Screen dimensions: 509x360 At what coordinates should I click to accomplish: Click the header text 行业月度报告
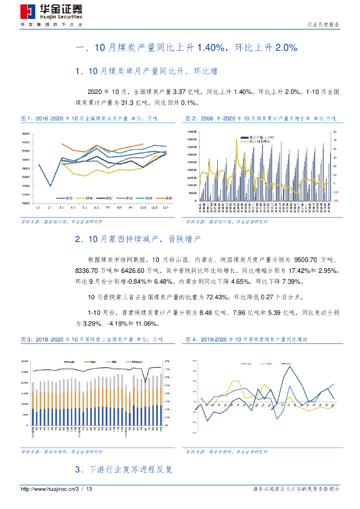pos(324,24)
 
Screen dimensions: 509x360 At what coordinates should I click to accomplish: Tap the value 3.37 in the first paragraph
pos(179,92)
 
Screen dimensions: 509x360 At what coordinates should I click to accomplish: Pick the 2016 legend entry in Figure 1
pos(87,197)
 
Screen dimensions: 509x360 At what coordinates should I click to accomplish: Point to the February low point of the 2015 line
pos(50,186)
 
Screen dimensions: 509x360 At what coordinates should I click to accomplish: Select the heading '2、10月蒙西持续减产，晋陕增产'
pos(138,240)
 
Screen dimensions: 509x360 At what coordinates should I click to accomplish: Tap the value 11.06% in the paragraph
pos(146,324)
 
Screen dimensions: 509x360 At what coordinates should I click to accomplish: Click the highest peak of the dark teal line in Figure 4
pos(290,367)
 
